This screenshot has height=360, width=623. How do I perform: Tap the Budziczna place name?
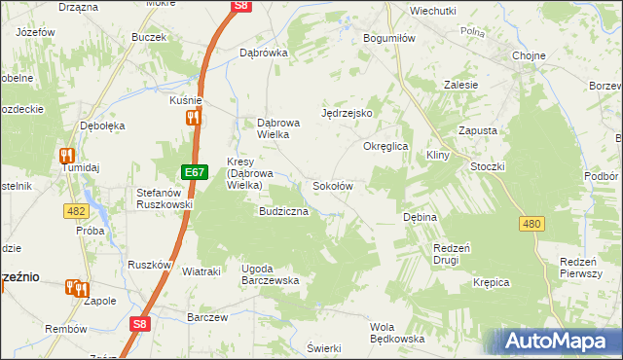[283, 210]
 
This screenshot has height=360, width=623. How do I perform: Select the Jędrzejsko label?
[348, 113]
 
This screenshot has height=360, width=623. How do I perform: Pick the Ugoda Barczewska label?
[271, 273]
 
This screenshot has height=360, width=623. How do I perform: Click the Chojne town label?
[529, 55]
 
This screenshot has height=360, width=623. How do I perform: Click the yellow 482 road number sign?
[79, 210]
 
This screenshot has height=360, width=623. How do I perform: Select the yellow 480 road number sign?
[531, 224]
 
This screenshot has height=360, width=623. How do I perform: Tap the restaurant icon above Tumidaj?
[67, 154]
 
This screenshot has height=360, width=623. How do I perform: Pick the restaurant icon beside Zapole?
[77, 288]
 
